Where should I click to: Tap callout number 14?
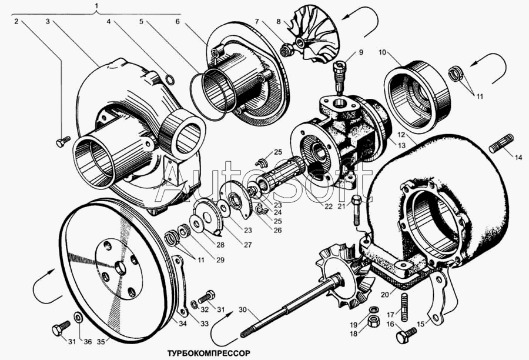(518, 158)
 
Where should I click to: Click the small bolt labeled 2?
(62, 141)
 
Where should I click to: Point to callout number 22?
(328, 206)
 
